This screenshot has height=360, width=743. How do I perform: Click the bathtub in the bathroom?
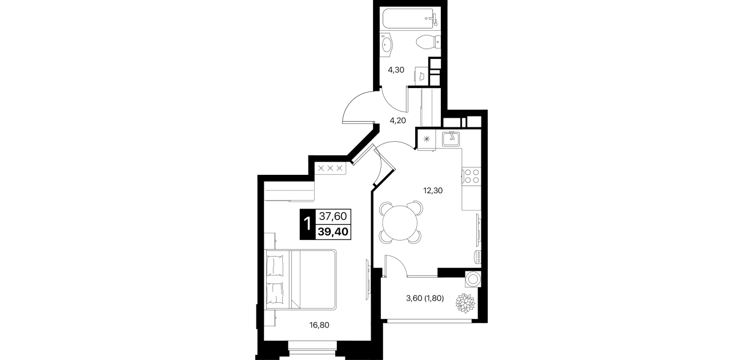coord(410,19)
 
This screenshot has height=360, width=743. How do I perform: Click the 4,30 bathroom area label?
coord(396,70)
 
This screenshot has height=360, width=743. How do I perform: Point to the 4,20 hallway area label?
coord(397,121)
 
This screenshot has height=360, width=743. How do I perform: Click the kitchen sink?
coord(451,139)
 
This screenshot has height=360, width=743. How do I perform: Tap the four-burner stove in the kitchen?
coord(472,176)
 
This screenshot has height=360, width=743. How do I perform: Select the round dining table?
coord(400,223)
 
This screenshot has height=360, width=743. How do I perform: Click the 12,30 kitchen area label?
coord(433,190)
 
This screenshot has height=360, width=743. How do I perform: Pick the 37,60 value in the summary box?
coord(333,217)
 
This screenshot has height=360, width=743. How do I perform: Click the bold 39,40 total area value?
coord(333,231)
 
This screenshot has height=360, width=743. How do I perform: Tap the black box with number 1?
coord(307,224)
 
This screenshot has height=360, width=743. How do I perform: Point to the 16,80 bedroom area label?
coord(319,325)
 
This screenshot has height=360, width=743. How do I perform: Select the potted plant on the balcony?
coord(465,303)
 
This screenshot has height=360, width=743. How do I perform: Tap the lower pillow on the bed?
coord(275,293)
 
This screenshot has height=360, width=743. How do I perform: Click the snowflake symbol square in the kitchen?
coord(427,139)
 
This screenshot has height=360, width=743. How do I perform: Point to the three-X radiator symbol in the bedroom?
coord(330,168)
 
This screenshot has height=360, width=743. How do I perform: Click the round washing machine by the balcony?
coord(473,279)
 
